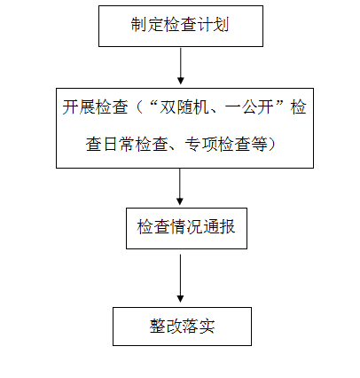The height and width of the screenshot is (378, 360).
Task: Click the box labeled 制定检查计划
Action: point(181,26)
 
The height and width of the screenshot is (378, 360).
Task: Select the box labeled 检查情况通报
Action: point(186,228)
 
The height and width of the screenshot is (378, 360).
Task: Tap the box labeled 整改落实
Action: point(182,327)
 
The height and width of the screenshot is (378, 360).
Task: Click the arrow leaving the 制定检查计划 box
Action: point(181,66)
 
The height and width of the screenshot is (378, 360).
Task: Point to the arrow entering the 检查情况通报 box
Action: point(180,186)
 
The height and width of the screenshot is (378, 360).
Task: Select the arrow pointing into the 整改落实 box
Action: point(180,278)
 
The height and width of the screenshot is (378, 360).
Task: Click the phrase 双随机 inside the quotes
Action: point(184,106)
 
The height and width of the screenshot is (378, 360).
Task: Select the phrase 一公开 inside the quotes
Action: point(249,106)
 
